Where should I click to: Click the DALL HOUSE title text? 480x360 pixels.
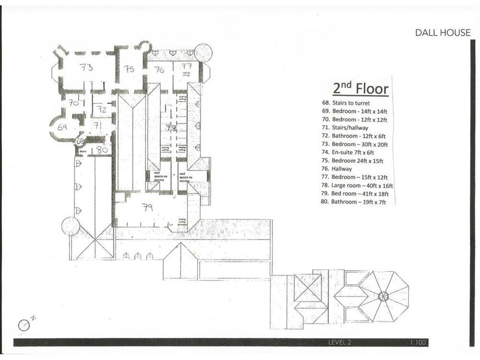pyautogui.click(x=443, y=33)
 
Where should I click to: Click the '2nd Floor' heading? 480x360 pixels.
pyautogui.click(x=360, y=88)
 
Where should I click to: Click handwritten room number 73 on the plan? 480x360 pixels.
pyautogui.click(x=86, y=68)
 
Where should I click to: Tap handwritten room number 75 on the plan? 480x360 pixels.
pyautogui.click(x=129, y=69)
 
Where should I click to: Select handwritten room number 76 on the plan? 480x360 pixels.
pyautogui.click(x=159, y=70)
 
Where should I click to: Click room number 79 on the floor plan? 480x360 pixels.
pyautogui.click(x=148, y=207)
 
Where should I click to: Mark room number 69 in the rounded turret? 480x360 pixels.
pyautogui.click(x=62, y=128)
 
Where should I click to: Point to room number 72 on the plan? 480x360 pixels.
pyautogui.click(x=101, y=109)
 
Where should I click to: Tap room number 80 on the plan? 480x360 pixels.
pyautogui.click(x=102, y=149)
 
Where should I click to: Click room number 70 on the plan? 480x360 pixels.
pyautogui.click(x=73, y=103)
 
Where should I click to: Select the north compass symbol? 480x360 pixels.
pyautogui.click(x=24, y=324)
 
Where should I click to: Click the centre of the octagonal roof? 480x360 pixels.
pyautogui.click(x=383, y=296)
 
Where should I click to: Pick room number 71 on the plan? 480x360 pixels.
pyautogui.click(x=98, y=126)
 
